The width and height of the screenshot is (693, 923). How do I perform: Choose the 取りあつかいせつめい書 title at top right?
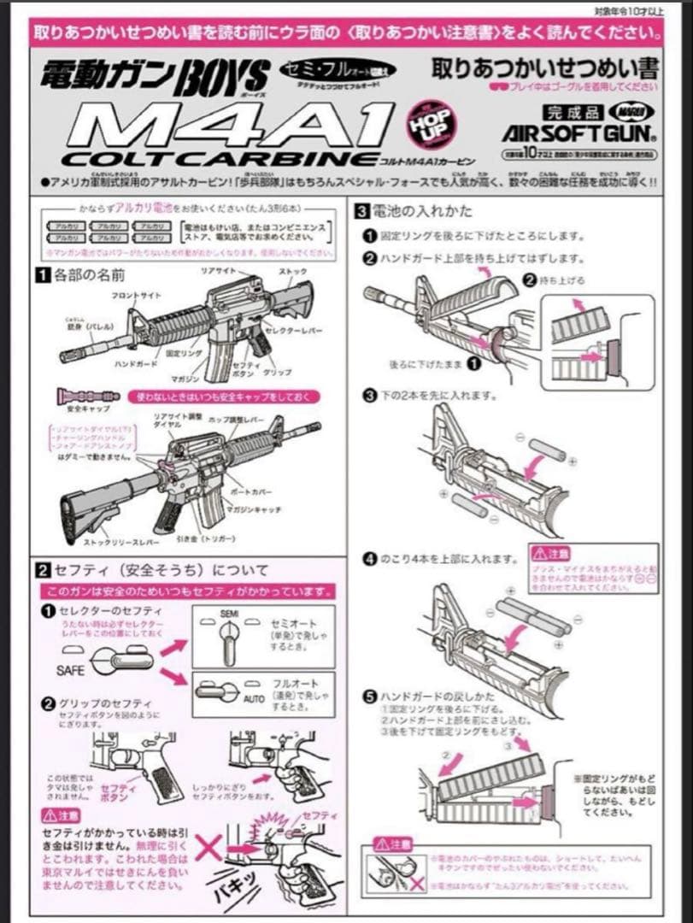(x=545, y=67)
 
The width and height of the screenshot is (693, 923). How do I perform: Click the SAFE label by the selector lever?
(x=71, y=671)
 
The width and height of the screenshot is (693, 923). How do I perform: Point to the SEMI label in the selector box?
(x=227, y=614)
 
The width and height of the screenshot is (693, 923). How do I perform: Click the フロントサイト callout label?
(x=136, y=295)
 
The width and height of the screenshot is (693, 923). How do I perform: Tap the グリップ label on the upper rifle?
(x=277, y=373)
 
